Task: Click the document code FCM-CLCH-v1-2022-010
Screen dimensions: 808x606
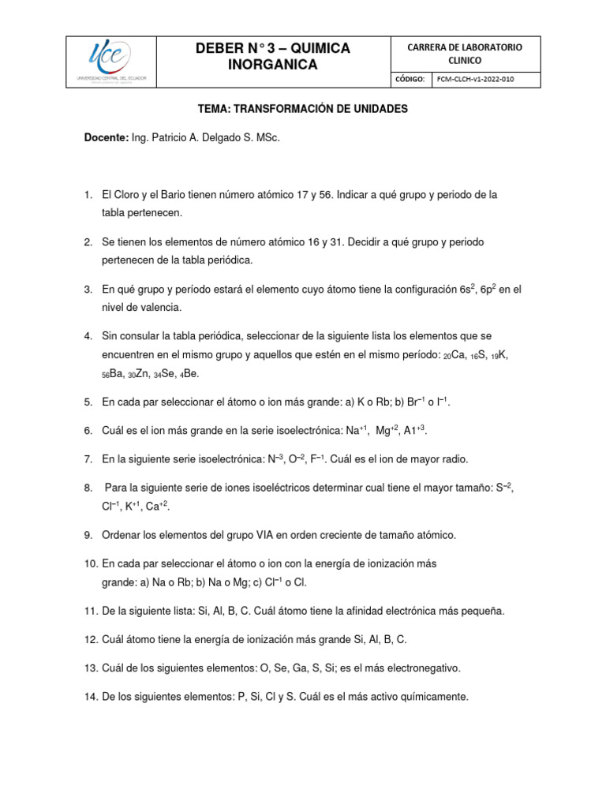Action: (x=481, y=80)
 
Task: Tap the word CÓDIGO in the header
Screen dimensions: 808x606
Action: (x=410, y=80)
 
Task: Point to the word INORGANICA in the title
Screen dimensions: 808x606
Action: (x=272, y=65)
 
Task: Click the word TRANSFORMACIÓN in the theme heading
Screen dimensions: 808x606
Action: (x=289, y=110)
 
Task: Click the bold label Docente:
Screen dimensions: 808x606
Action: (x=107, y=138)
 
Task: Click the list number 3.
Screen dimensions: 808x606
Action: (x=88, y=290)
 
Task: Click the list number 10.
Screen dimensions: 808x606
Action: (x=90, y=564)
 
